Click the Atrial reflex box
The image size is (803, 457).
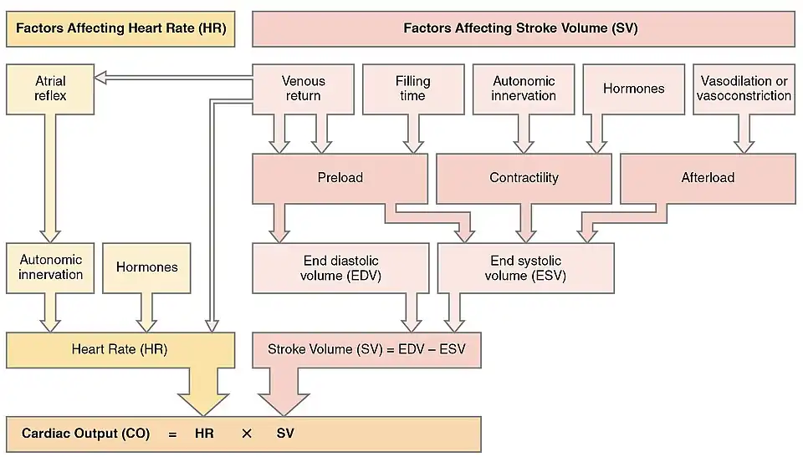tap(50, 89)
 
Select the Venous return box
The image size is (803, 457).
tap(303, 89)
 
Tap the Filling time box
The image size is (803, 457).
tap(412, 89)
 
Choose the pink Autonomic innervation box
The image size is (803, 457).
tap(524, 89)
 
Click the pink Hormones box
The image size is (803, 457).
tap(633, 89)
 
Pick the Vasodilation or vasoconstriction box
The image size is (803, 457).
tap(744, 89)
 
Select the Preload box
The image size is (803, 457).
tap(340, 178)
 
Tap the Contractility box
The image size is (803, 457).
tap(524, 178)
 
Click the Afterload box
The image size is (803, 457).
tap(708, 178)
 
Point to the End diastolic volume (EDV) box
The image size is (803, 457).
tap(340, 267)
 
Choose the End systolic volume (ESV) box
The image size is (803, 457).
tap(525, 267)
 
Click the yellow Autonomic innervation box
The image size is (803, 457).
tap(50, 267)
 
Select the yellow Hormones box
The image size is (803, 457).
tap(147, 267)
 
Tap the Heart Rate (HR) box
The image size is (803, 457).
tap(120, 349)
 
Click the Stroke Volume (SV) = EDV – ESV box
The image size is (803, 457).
tap(366, 349)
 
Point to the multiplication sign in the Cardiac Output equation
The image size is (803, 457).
tap(246, 434)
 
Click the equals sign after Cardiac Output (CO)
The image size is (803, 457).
tap(171, 434)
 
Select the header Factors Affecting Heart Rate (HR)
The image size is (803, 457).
tap(120, 28)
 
